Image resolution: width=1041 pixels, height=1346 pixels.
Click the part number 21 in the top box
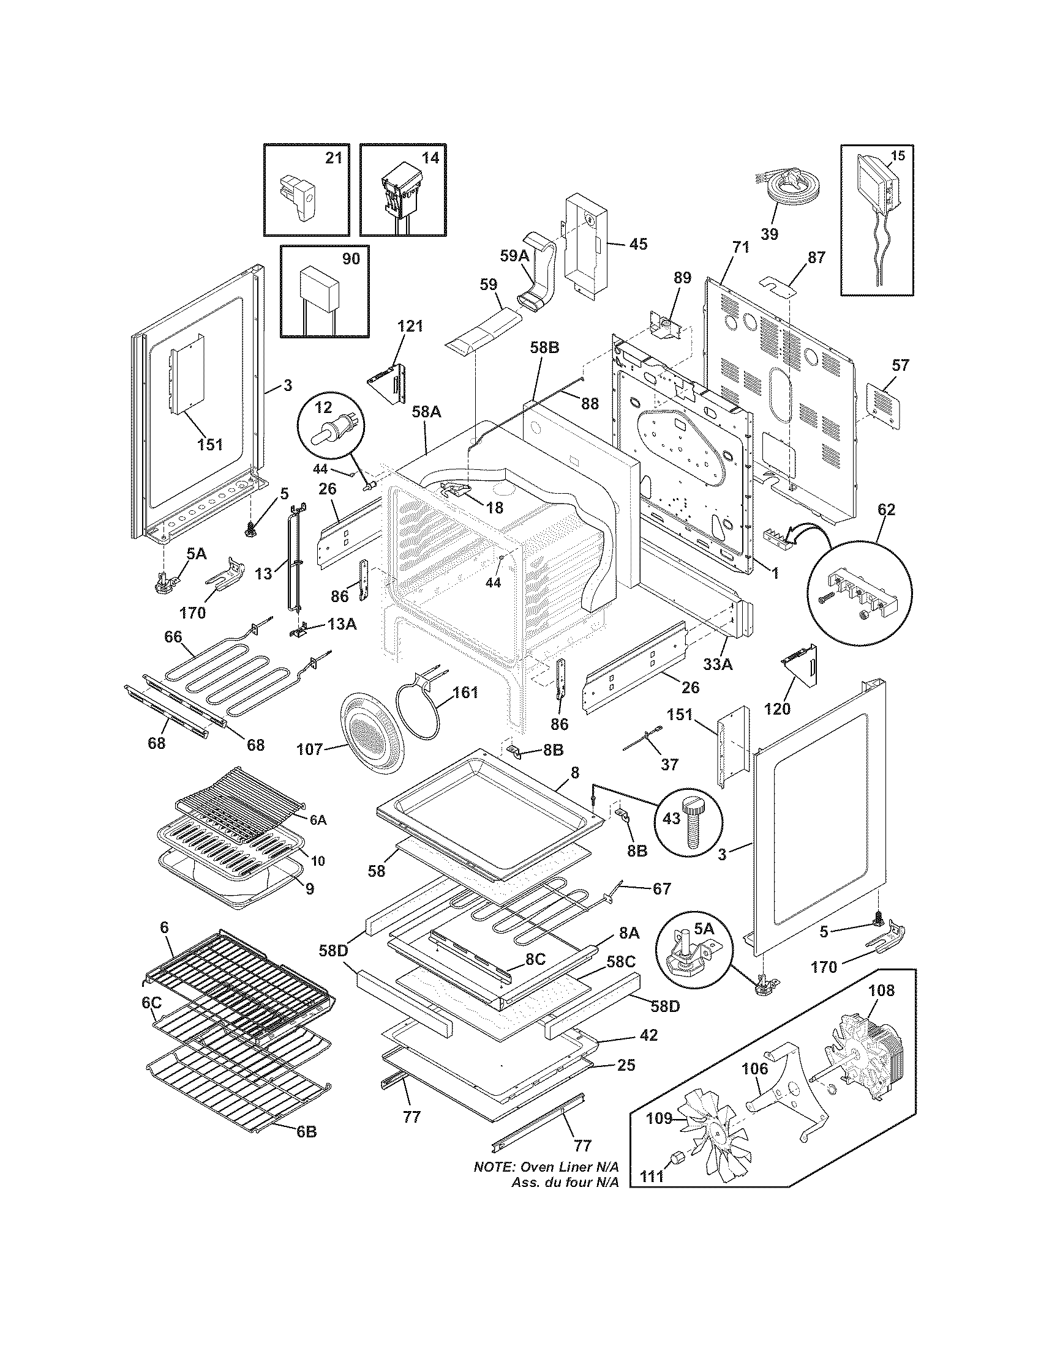tap(333, 158)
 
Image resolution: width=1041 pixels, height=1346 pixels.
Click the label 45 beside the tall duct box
tap(637, 244)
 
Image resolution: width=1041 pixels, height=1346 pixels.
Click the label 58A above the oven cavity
tap(426, 412)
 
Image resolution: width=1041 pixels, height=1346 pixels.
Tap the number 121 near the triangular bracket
tap(410, 327)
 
